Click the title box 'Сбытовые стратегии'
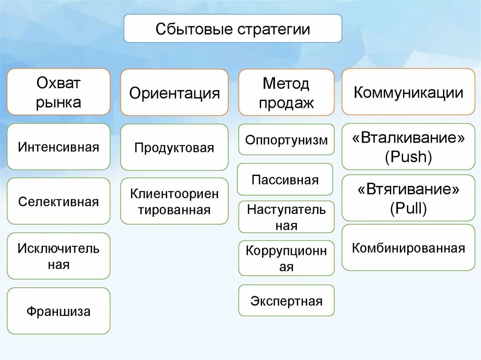(233, 29)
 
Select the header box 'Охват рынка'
(59, 92)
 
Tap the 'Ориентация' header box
(174, 92)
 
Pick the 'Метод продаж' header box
(286, 92)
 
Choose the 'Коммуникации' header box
(408, 92)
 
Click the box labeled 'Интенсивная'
(59, 147)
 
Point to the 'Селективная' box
(59, 201)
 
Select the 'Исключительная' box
(59, 256)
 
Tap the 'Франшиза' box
(59, 311)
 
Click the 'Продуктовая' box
(174, 147)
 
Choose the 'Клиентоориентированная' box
(174, 201)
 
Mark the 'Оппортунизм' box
(286, 139)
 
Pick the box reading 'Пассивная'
(285, 179)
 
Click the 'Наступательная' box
(286, 217)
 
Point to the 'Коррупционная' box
(286, 258)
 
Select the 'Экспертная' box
(286, 300)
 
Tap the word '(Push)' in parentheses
(408, 157)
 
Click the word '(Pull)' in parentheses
(408, 208)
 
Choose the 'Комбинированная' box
(408, 248)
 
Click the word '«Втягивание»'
(408, 190)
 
